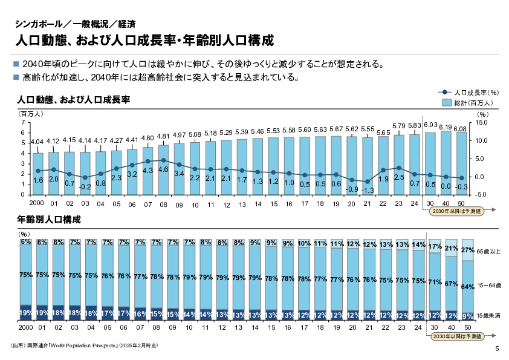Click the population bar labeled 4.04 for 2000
pyautogui.click(x=37, y=175)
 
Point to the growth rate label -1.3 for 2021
pyautogui.click(x=368, y=190)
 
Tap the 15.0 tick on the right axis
pyautogui.click(x=481, y=123)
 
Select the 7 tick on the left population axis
pyautogui.click(x=22, y=123)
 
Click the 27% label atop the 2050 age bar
pyautogui.click(x=467, y=249)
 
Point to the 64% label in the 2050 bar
pyautogui.click(x=467, y=287)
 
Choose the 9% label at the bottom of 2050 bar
pyautogui.click(x=467, y=316)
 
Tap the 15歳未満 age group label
pyautogui.click(x=488, y=316)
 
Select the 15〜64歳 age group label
pyautogui.click(x=488, y=284)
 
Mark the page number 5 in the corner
pyautogui.click(x=497, y=349)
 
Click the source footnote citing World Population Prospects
pyautogui.click(x=84, y=345)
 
